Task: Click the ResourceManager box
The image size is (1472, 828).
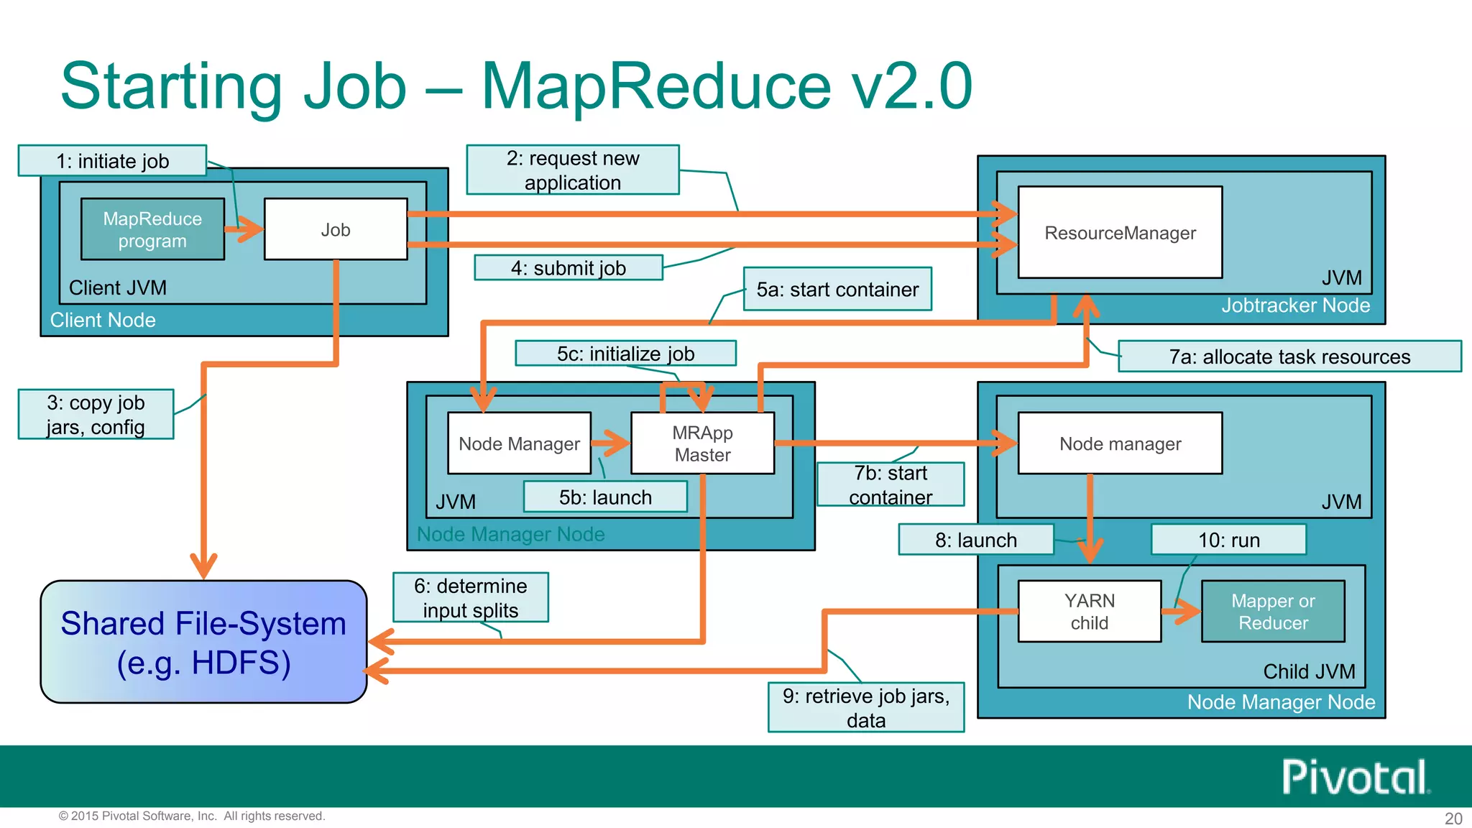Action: pos(1120,232)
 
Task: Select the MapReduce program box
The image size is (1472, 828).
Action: pos(152,229)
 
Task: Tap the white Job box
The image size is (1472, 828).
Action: pos(336,229)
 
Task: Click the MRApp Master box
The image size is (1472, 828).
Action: pos(702,443)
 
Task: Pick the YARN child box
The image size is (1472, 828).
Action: pos(1089,612)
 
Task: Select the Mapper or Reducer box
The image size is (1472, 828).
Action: pos(1273,612)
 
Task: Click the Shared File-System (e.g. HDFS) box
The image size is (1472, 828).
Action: pos(203,642)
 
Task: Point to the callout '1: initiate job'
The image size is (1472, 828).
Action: pos(112,160)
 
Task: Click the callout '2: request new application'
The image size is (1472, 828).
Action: pos(572,170)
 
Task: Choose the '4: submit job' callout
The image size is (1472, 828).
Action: pos(568,268)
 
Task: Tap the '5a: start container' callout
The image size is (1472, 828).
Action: pos(837,289)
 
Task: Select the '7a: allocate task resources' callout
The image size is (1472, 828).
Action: pos(1289,356)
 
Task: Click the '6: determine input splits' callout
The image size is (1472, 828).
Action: pos(470,597)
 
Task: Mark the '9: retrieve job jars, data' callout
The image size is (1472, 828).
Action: pos(865,707)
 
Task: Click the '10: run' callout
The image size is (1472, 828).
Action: pos(1228,540)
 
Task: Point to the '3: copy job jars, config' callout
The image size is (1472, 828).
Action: pos(96,414)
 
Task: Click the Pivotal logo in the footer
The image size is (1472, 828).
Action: pos(1355,777)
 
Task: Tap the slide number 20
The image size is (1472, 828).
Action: pos(1453,818)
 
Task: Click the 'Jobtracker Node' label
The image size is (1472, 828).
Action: pos(1295,305)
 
